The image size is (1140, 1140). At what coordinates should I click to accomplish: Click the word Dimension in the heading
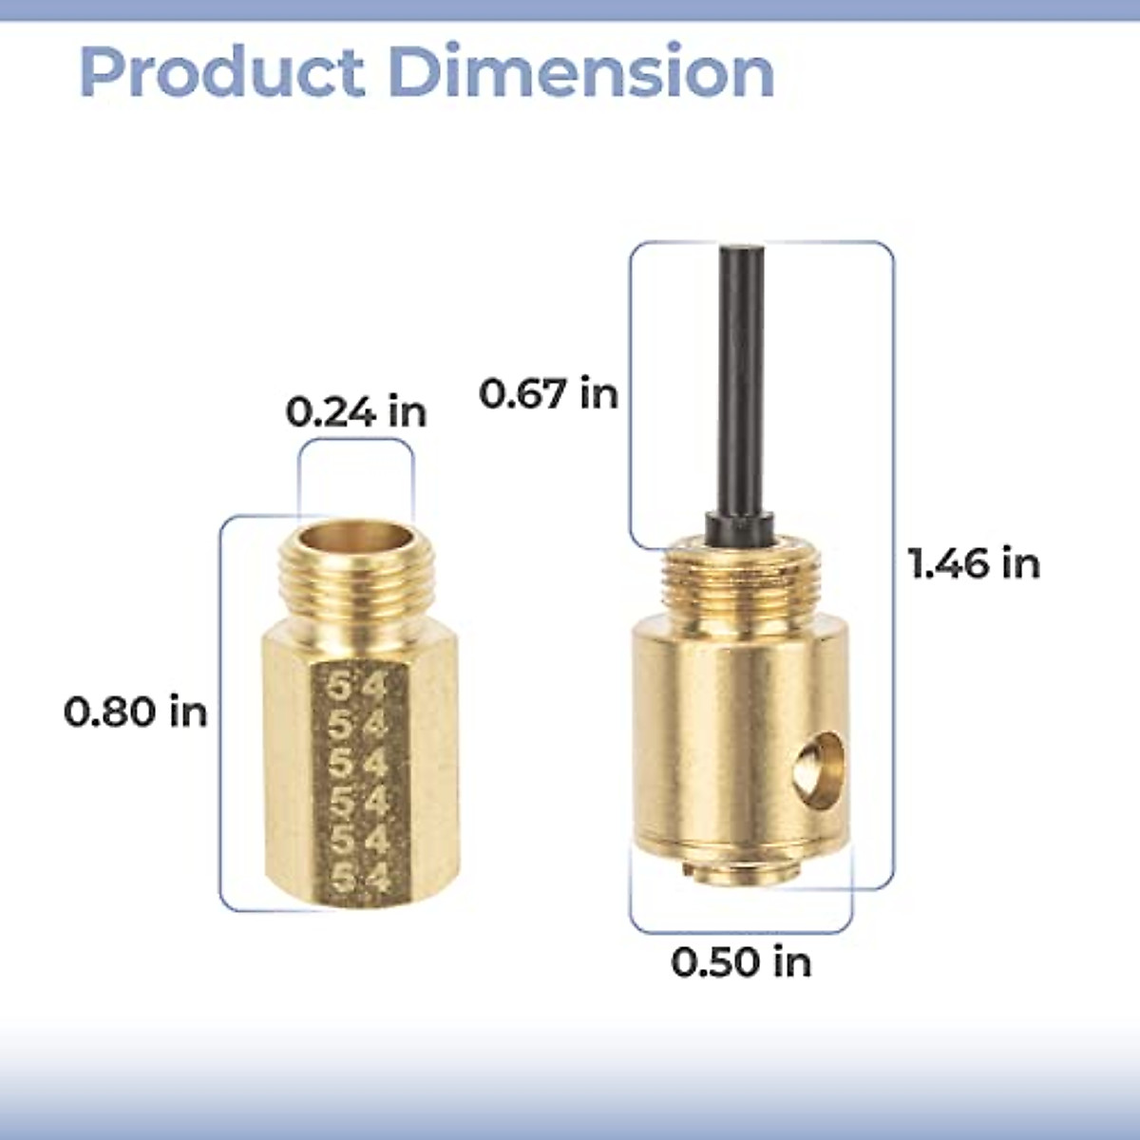tap(581, 72)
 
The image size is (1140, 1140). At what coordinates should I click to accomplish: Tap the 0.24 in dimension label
tap(356, 412)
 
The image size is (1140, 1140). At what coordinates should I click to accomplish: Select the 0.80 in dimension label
tap(135, 712)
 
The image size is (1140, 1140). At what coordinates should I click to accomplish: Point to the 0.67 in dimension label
tap(548, 392)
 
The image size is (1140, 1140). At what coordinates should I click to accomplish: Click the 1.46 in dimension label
tap(974, 563)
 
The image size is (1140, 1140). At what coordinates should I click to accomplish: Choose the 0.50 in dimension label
tap(741, 962)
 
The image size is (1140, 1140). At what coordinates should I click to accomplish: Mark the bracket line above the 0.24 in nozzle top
tap(356, 443)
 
